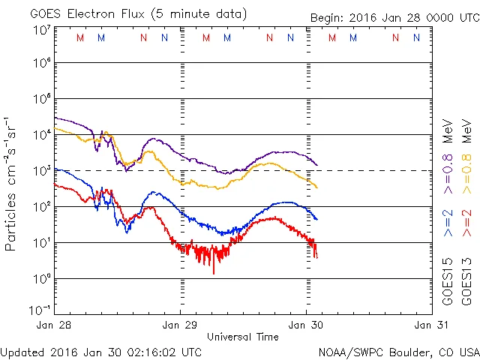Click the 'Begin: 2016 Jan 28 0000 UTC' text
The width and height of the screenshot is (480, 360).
point(394,18)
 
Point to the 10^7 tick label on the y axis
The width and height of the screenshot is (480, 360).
point(41,30)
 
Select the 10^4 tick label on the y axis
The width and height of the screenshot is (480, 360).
point(41,134)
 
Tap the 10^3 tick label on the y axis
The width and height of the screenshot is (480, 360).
point(41,170)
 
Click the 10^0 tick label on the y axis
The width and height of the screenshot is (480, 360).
point(41,278)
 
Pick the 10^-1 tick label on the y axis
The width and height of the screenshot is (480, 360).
point(40,309)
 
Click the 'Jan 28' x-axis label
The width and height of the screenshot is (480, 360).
point(55,325)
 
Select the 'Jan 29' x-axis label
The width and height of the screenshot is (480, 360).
point(181,325)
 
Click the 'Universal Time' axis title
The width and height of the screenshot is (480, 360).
point(243,337)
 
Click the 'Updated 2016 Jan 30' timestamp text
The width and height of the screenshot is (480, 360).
point(100,351)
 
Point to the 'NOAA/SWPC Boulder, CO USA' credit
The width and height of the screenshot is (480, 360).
point(398,351)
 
